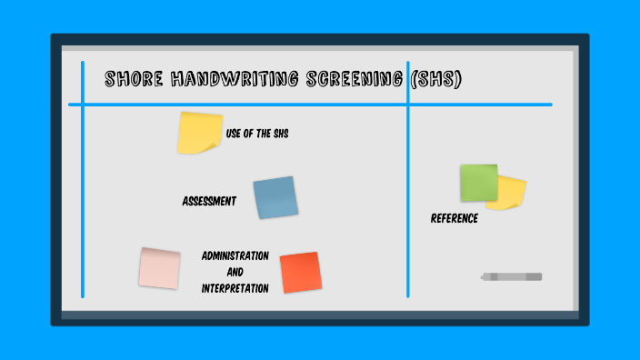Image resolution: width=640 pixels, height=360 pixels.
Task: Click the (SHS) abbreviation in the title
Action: point(435,80)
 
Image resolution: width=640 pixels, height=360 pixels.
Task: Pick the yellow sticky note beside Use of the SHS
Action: point(200,133)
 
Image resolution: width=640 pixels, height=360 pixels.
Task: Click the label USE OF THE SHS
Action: point(257,134)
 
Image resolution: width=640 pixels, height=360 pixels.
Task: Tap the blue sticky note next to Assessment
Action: point(275,197)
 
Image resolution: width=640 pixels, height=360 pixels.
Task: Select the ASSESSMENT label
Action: point(209,201)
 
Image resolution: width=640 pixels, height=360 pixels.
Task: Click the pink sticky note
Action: point(159,268)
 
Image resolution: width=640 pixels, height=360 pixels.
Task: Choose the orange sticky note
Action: point(300,272)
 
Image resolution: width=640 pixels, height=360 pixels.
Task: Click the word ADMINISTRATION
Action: point(235,255)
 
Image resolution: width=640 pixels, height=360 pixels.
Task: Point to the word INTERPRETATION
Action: point(235,288)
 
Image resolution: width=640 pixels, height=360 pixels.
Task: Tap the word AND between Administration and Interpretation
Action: point(235,272)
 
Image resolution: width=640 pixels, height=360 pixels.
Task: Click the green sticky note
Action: point(477,182)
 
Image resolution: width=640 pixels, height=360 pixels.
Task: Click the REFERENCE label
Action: point(455,218)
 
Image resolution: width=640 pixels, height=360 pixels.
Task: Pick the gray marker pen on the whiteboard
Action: point(512,276)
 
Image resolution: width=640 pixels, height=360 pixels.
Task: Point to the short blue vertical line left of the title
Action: point(83,82)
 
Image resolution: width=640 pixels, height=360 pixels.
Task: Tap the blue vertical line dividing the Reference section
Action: point(408,200)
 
